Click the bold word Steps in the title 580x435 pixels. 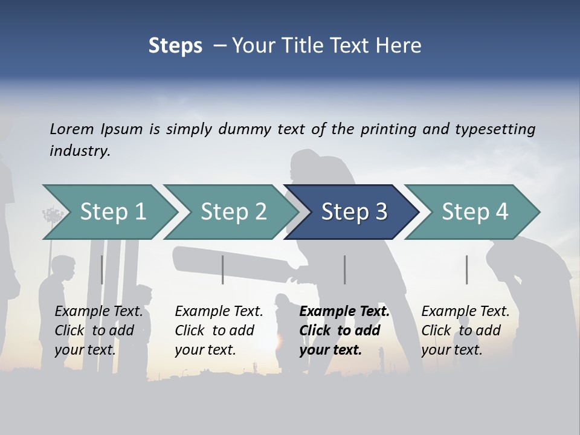(175, 45)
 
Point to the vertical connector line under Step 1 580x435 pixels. (101, 269)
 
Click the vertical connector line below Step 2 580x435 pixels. (223, 269)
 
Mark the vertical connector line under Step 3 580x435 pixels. (345, 269)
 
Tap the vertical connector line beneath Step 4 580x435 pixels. (466, 269)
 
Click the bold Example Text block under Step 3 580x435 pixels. (344, 330)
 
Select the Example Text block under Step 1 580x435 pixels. (98, 330)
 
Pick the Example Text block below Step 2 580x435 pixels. (219, 330)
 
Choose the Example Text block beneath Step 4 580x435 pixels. (465, 330)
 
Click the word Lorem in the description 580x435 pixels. (72, 129)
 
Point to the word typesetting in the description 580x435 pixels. (495, 129)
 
